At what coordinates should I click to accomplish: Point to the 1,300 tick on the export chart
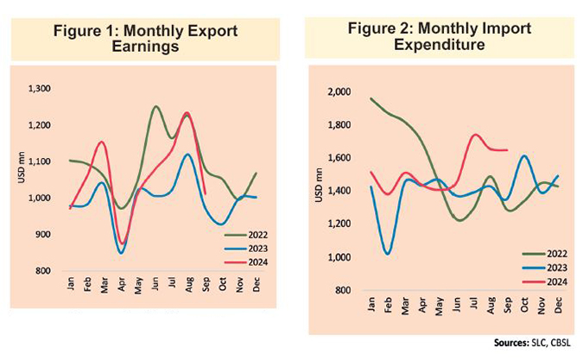click(40, 89)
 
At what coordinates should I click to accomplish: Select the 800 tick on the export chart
click(43, 271)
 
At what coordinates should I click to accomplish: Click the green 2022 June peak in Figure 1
click(155, 107)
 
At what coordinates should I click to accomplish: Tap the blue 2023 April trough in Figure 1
click(121, 252)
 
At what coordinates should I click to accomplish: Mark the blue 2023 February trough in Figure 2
click(389, 253)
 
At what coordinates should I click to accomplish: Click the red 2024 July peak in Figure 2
click(475, 135)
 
